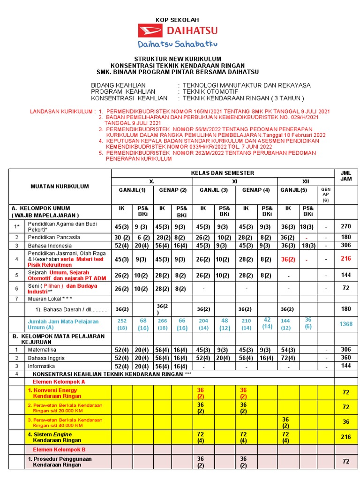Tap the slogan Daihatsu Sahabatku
point(177,45)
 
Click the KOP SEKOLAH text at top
point(177,20)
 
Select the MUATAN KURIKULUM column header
point(60,186)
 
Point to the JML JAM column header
point(346,176)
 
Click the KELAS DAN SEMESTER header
point(222,173)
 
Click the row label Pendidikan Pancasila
point(54,237)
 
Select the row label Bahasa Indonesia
point(50,246)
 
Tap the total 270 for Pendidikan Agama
point(346,226)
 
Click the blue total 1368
point(346,324)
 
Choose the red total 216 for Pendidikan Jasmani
point(346,258)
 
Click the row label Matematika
point(42,350)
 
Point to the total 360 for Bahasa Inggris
point(346,358)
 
